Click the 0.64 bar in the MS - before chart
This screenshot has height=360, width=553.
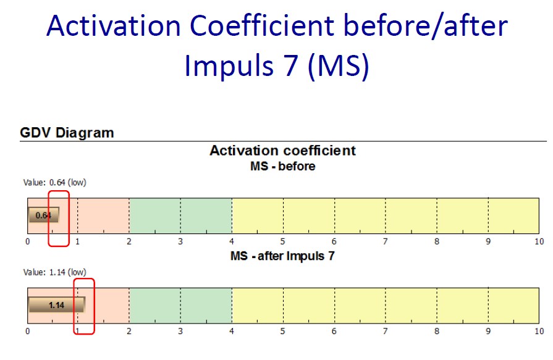[x=44, y=215]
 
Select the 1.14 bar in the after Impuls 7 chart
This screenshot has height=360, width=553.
[x=57, y=304]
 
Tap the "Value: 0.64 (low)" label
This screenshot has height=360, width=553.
[x=54, y=183]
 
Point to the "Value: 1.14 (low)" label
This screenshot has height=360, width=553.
[x=54, y=272]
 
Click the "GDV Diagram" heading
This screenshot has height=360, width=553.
[x=67, y=133]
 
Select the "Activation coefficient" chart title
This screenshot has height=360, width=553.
[x=282, y=151]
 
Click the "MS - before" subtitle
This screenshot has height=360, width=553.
[x=282, y=166]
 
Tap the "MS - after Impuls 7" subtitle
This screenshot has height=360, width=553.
[x=282, y=256]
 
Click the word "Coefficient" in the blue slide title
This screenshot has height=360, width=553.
[x=262, y=26]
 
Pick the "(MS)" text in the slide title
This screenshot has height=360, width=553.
[x=338, y=65]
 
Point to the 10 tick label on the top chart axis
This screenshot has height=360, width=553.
[x=539, y=241]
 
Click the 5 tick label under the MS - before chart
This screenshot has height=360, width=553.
[x=282, y=241]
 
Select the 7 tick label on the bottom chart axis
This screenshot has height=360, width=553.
[x=385, y=332]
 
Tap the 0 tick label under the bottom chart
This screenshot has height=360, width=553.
[x=28, y=332]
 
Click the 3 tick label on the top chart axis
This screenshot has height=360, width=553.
[x=180, y=241]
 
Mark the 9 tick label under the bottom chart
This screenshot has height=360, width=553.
[x=488, y=332]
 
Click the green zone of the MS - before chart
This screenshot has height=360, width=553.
[x=180, y=216]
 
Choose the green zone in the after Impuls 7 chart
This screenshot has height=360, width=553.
[x=180, y=305]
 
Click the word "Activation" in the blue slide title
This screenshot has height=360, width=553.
[x=114, y=26]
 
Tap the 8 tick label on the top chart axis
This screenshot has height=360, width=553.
[x=437, y=241]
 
